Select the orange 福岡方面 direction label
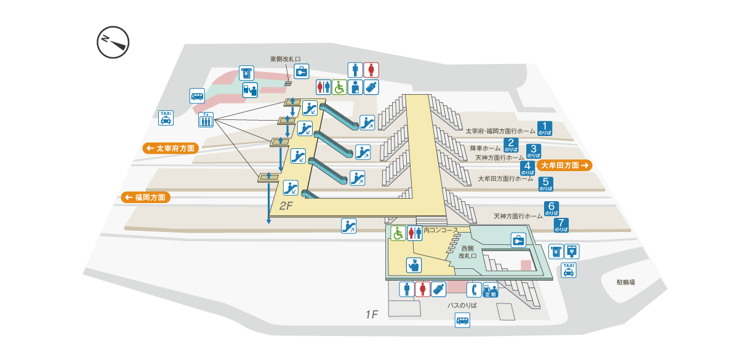click(145, 198)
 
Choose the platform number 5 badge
click(545, 183)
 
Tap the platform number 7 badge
click(561, 225)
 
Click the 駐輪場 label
click(625, 282)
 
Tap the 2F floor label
click(287, 206)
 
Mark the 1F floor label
click(371, 315)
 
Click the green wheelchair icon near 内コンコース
click(398, 233)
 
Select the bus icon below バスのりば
click(462, 320)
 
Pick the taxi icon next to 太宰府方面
click(166, 118)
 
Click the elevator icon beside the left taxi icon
click(205, 119)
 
